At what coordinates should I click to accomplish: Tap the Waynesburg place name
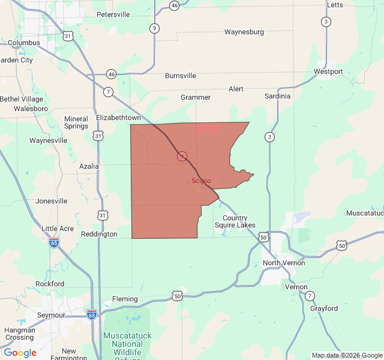coord(244,32)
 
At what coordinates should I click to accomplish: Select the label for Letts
coord(335,5)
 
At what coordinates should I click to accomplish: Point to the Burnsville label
coord(181,76)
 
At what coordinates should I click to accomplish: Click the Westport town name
coord(328,72)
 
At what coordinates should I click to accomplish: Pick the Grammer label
coord(196,97)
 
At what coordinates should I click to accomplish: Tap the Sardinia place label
coord(277,96)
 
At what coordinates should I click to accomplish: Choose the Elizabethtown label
coord(119,118)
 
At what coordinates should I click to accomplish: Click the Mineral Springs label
coord(76,122)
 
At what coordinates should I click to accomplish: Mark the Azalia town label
coord(89,166)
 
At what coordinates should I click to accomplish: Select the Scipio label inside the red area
coord(201,181)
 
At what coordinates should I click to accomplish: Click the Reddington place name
coord(99,234)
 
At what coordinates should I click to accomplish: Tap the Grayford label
coord(324,308)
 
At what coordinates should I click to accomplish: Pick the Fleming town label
coord(125,299)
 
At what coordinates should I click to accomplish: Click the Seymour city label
coord(51,315)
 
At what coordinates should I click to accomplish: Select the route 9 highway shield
coord(155,28)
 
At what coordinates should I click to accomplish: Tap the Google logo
coord(20,353)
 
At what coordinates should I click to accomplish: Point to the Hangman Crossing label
coord(19,334)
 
